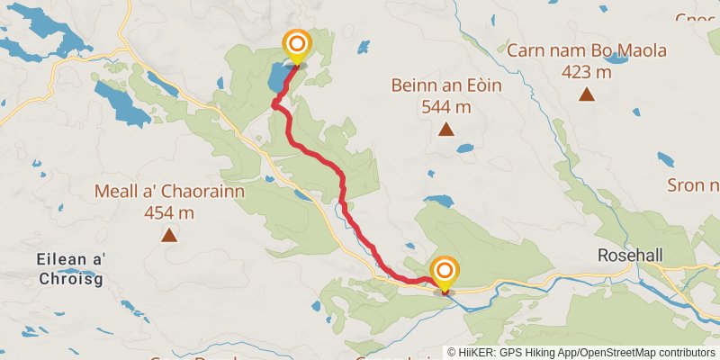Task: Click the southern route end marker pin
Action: [445, 273]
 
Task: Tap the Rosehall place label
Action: [630, 256]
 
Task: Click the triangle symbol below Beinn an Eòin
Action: [445, 130]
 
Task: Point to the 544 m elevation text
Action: [445, 107]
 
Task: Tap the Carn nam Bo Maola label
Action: [587, 50]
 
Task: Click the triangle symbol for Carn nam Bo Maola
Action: [587, 94]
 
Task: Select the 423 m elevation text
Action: [587, 71]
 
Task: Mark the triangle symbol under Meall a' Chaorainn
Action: [168, 236]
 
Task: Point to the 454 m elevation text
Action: [168, 213]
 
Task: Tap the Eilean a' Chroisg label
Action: [72, 269]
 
